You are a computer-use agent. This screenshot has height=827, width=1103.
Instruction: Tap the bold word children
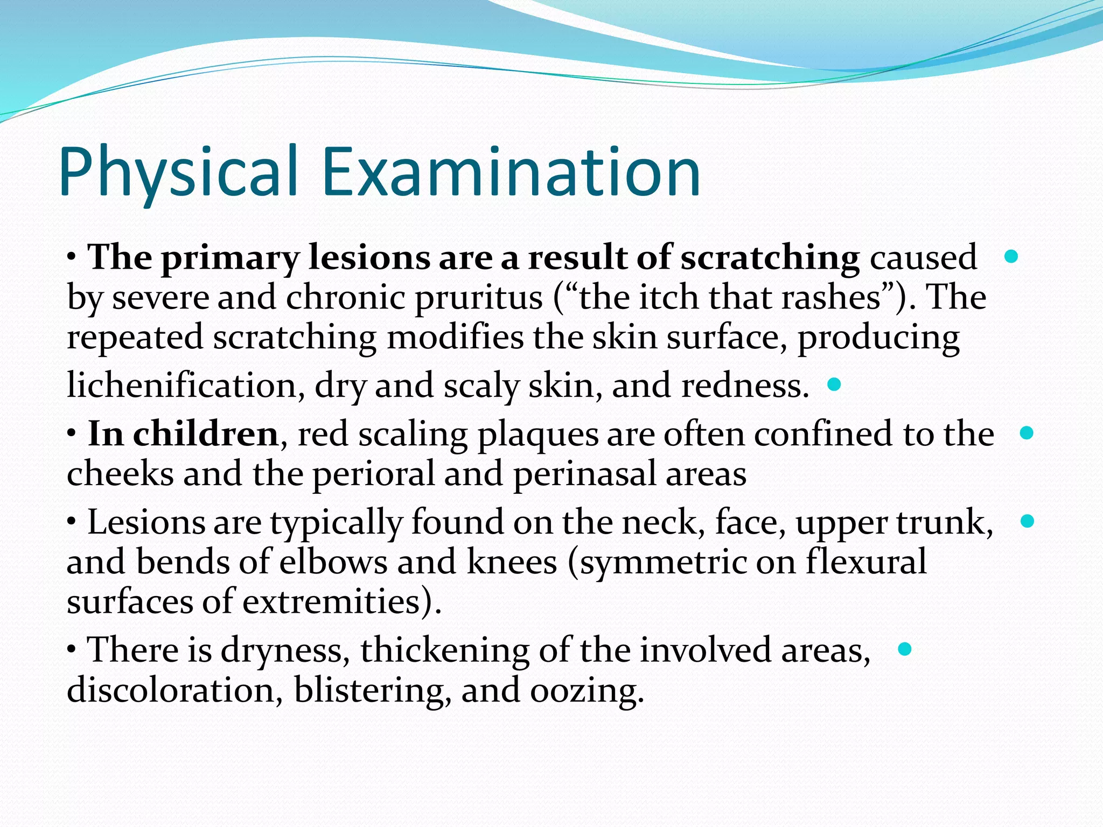205,434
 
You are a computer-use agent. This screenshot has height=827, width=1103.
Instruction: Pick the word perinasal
584,474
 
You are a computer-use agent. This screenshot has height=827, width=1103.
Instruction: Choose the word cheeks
120,474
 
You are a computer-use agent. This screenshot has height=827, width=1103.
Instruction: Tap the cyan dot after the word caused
1011,256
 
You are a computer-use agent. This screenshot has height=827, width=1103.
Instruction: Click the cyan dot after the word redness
834,384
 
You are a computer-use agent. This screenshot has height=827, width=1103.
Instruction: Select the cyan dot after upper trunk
1027,521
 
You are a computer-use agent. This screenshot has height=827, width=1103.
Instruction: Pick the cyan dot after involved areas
905,649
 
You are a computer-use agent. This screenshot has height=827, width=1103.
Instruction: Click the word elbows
333,562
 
